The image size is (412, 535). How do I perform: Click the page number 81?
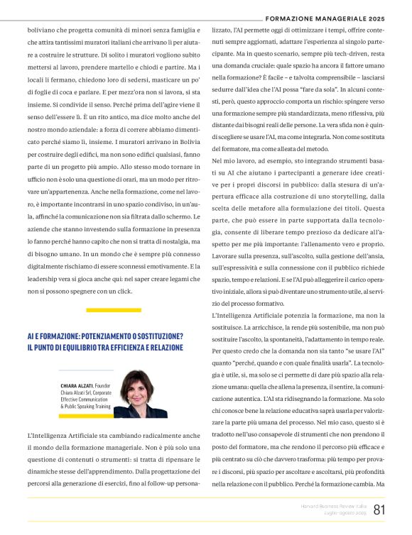[x=379, y=509]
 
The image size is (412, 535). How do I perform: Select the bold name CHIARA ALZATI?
[x=76, y=385]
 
